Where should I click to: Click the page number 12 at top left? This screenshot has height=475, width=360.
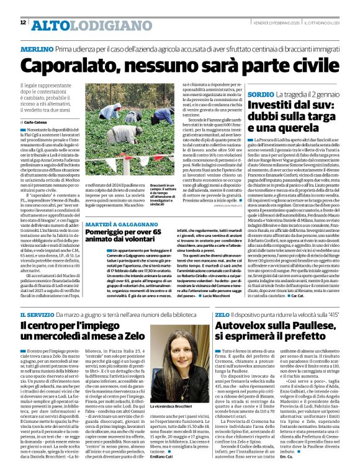[22, 23]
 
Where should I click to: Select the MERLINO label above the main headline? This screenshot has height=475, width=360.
[37, 48]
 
